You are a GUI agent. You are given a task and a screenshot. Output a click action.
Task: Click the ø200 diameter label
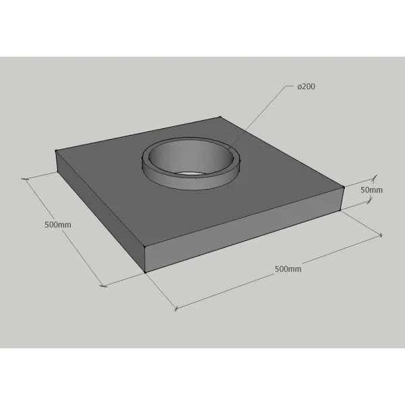306,86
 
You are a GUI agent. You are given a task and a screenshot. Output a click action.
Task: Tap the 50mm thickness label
371,190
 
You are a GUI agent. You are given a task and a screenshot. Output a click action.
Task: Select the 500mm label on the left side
58,225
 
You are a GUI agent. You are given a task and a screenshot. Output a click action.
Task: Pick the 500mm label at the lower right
288,269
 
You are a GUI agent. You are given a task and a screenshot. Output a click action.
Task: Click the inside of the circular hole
191,157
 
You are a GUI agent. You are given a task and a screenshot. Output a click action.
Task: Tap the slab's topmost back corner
220,117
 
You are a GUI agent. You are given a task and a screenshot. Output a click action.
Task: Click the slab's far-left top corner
56,151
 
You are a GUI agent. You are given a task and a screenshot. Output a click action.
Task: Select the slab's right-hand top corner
344,187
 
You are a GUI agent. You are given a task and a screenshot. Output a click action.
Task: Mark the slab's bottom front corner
145,272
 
